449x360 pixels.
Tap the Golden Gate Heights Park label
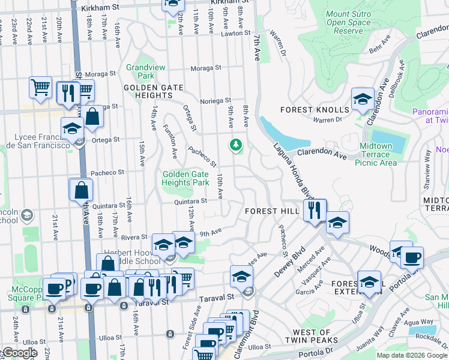(185, 178)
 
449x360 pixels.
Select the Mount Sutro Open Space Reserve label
(348, 22)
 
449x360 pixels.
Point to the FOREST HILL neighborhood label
(271, 211)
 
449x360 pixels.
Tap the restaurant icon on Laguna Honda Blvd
(315, 210)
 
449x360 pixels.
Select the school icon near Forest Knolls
(363, 100)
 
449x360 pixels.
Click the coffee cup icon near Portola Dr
(412, 258)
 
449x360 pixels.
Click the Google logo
(19, 353)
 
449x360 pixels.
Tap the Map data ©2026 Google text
(412, 355)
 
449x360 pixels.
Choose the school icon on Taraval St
(241, 277)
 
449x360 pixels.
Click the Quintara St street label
(190, 202)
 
